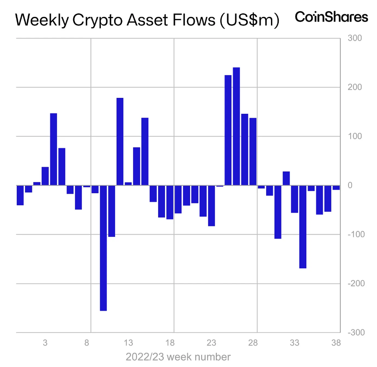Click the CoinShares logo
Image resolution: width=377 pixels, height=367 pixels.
click(331, 17)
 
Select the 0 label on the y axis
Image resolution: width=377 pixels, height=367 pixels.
click(350, 185)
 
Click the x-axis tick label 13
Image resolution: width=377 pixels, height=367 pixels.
click(128, 343)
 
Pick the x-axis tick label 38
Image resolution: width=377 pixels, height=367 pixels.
click(336, 343)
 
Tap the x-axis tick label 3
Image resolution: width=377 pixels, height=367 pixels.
click(45, 343)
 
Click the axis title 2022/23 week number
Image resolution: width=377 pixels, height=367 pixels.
click(178, 357)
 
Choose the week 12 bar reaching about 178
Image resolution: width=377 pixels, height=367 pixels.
click(120, 142)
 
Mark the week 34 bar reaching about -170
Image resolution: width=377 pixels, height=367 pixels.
click(303, 227)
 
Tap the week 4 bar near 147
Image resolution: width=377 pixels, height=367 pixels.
click(53, 149)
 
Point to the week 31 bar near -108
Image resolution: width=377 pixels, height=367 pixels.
click(278, 212)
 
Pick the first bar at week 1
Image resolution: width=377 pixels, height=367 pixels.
click(20, 195)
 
